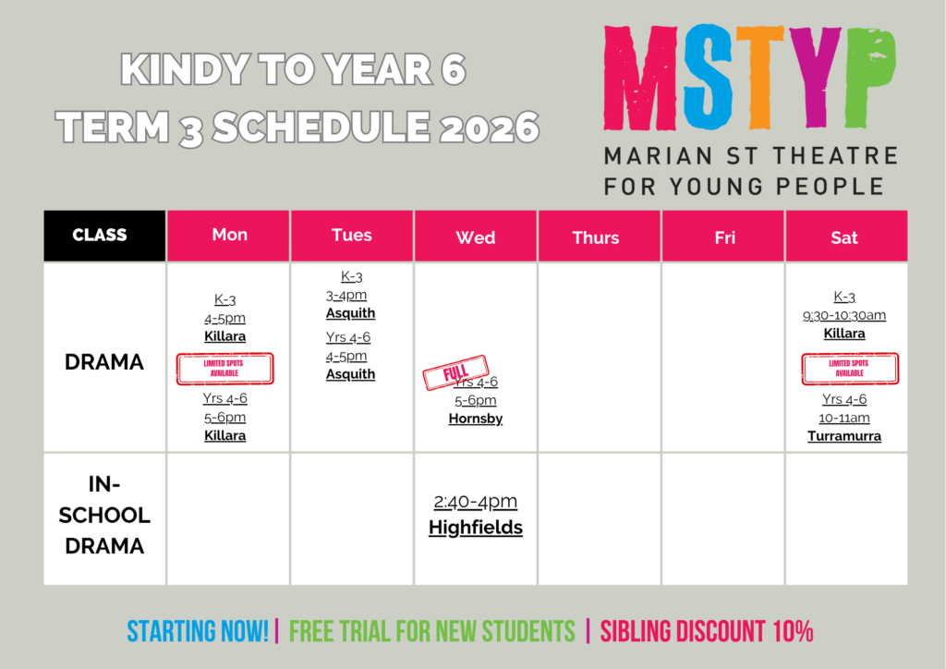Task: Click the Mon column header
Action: click(229, 236)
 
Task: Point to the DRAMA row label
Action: click(104, 362)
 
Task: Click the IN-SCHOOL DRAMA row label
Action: click(104, 516)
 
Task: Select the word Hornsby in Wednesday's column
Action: click(476, 419)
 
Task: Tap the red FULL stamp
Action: click(455, 372)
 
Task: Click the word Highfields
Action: click(476, 528)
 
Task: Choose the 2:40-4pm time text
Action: click(476, 502)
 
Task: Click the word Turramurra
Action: click(844, 436)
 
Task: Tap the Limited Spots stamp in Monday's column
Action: click(225, 369)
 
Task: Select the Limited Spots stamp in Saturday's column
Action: click(850, 369)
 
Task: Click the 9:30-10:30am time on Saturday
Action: click(844, 315)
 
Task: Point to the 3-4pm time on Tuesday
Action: click(346, 296)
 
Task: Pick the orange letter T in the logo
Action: click(760, 77)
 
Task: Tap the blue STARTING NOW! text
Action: click(198, 631)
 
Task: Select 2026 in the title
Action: click(489, 128)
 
